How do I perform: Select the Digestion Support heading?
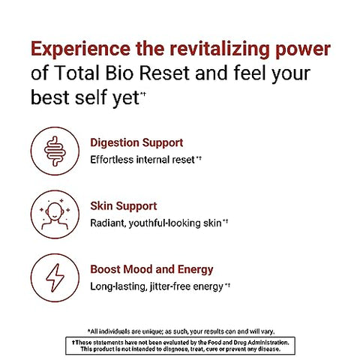click(x=136, y=142)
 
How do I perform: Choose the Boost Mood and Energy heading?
click(x=151, y=269)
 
